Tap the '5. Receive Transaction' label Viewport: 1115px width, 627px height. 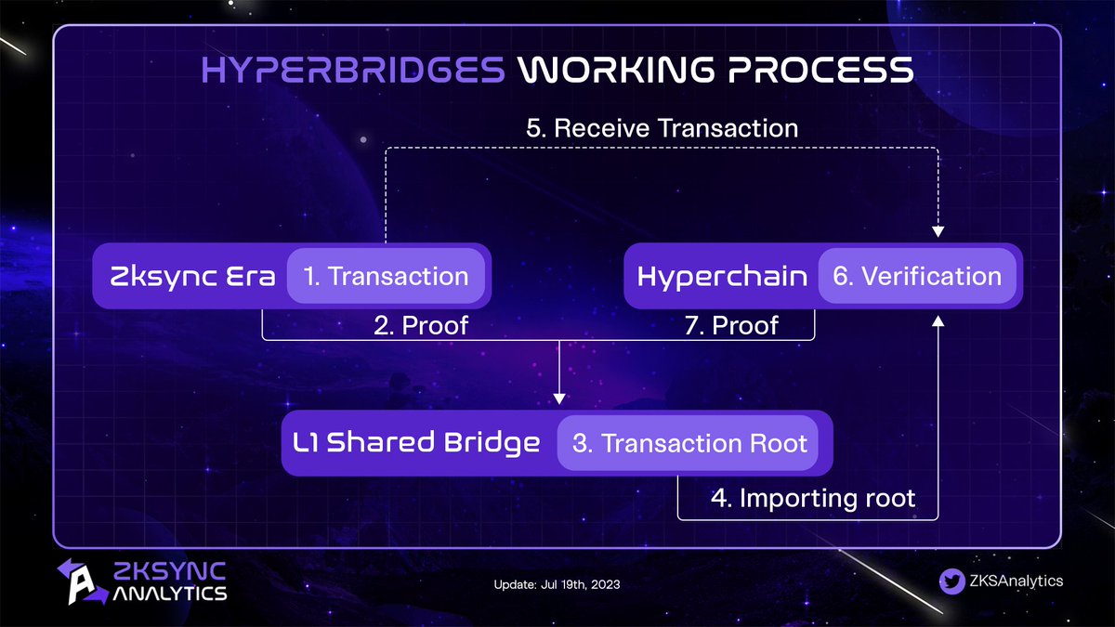click(x=662, y=127)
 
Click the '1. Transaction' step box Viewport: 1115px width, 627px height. click(x=387, y=276)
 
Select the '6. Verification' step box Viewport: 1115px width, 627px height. click(x=917, y=276)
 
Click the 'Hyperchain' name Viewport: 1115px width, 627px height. click(x=722, y=276)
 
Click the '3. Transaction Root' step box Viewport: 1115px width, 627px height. click(x=690, y=443)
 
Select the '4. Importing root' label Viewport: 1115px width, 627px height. click(x=813, y=498)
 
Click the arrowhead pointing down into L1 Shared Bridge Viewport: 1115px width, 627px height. click(x=559, y=398)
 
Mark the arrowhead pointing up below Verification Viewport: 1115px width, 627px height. click(x=938, y=320)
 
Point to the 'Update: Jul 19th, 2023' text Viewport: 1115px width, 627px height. click(x=557, y=585)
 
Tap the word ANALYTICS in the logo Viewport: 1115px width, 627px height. click(x=169, y=593)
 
